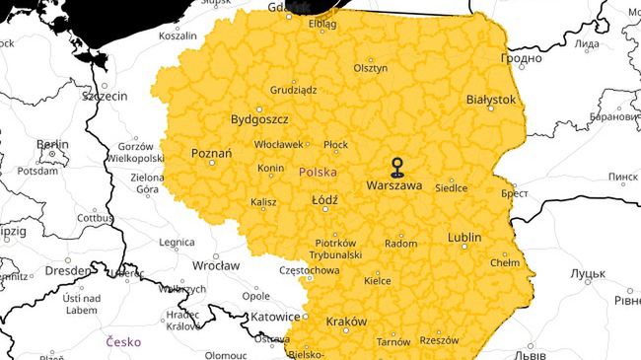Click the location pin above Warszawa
click(x=396, y=165)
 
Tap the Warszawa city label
click(x=393, y=185)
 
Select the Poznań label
click(x=211, y=154)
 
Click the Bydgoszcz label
click(x=258, y=119)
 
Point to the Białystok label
click(x=490, y=100)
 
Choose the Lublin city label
click(x=463, y=238)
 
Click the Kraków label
click(x=345, y=322)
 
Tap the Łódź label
click(x=323, y=200)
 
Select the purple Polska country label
click(x=318, y=172)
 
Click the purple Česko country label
click(x=123, y=341)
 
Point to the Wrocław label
click(x=216, y=265)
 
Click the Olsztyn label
click(x=371, y=69)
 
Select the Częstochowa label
click(x=310, y=270)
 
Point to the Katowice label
click(x=274, y=317)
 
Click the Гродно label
click(x=522, y=58)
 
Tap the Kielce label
click(x=377, y=281)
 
